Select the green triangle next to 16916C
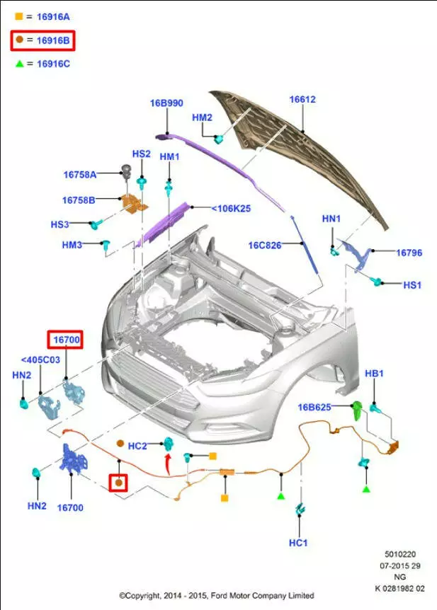point(19,64)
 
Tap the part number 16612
point(302,100)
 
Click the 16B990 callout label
point(166,103)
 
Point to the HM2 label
point(202,117)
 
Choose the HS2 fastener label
point(141,154)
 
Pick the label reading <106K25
point(231,208)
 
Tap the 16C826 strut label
point(265,246)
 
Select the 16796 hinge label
point(409,252)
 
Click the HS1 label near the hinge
point(412,284)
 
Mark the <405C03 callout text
point(40,359)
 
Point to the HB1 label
point(374,373)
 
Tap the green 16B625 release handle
point(358,408)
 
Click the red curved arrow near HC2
point(167,465)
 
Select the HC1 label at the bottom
point(298,542)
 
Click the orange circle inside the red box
point(120,483)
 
